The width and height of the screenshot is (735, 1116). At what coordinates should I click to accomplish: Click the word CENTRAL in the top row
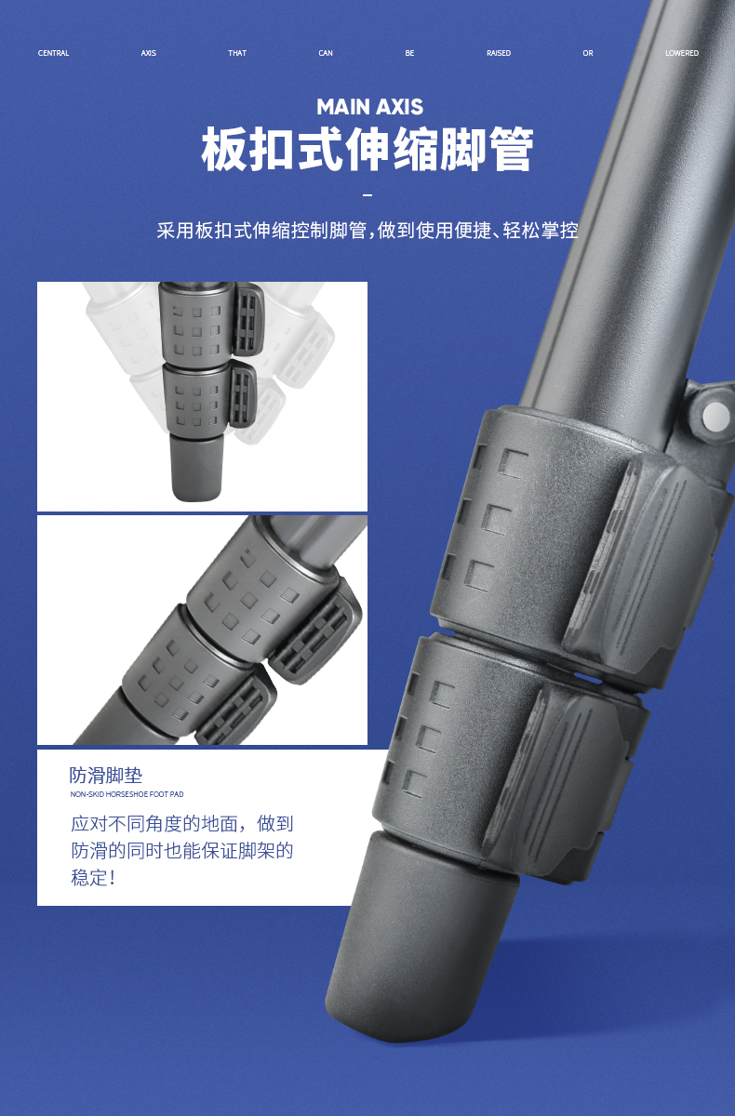pyautogui.click(x=53, y=53)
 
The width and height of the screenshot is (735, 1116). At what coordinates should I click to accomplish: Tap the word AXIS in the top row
pyautogui.click(x=149, y=53)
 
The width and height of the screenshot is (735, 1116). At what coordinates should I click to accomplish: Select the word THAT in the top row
pyautogui.click(x=237, y=53)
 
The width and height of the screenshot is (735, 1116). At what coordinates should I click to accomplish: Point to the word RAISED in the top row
pyautogui.click(x=499, y=53)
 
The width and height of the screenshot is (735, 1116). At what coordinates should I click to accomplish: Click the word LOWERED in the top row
pyautogui.click(x=682, y=53)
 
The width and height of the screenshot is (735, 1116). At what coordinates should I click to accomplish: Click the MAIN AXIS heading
pyautogui.click(x=369, y=107)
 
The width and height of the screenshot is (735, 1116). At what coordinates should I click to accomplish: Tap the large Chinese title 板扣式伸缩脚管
pyautogui.click(x=367, y=149)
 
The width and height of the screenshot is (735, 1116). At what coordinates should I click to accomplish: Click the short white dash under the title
pyautogui.click(x=367, y=195)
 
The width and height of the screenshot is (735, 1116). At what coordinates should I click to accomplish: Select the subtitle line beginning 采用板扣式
pyautogui.click(x=367, y=231)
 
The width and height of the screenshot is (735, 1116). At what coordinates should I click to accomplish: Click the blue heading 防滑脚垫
pyautogui.click(x=106, y=776)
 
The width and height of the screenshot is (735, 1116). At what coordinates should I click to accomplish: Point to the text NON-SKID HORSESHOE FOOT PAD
pyautogui.click(x=127, y=794)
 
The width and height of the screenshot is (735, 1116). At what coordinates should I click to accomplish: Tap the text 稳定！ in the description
pyautogui.click(x=93, y=877)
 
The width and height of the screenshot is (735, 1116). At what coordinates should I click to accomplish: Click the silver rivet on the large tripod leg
pyautogui.click(x=715, y=415)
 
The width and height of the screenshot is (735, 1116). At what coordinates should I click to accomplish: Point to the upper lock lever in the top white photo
pyautogui.click(x=247, y=319)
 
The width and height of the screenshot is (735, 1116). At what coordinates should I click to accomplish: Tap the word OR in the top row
pyautogui.click(x=588, y=53)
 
